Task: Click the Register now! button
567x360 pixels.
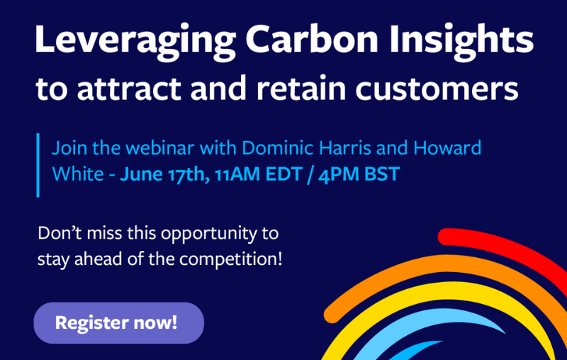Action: (118, 322)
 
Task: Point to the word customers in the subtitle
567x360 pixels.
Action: (437, 89)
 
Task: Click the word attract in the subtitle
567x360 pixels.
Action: (128, 89)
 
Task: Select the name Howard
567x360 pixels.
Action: (447, 148)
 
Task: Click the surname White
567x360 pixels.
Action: (78, 174)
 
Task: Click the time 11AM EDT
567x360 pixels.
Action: (259, 174)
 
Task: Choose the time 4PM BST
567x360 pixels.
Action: (359, 174)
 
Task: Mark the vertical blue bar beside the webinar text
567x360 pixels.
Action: (38, 165)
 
